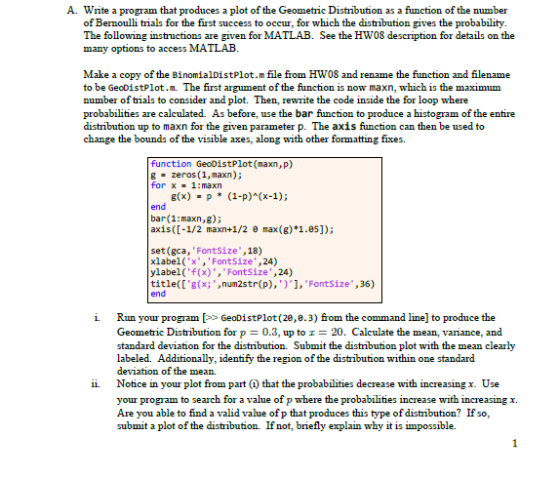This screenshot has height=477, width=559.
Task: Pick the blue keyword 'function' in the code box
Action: point(171,164)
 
